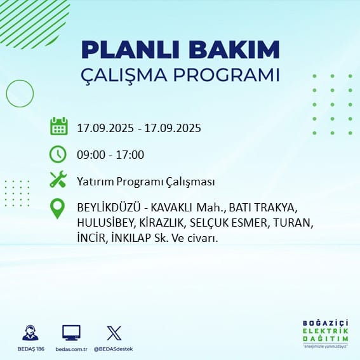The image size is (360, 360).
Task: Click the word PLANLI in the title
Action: (130, 50)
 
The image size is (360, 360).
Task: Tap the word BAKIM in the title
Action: (234, 50)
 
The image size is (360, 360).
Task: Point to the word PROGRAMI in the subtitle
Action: (226, 75)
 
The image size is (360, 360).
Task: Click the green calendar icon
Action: (59, 126)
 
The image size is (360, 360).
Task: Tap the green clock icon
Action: (58, 154)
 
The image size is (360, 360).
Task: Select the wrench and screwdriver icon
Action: (58, 179)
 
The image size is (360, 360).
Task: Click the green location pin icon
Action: (57, 208)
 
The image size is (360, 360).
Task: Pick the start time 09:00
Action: (91, 155)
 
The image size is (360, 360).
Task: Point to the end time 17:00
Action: (130, 155)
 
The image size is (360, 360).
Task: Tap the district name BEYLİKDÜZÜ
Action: (109, 208)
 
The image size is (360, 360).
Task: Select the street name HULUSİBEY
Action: (105, 223)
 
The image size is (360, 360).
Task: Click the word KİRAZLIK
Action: (161, 223)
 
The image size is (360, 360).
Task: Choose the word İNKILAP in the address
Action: (131, 238)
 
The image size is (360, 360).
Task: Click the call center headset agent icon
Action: (30, 333)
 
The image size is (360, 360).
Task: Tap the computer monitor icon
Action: (71, 333)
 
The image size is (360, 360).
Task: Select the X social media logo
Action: (114, 333)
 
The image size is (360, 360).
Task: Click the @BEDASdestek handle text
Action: (114, 349)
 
